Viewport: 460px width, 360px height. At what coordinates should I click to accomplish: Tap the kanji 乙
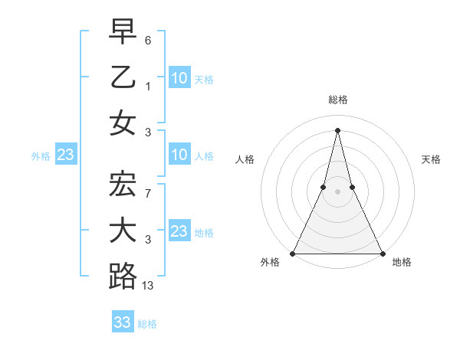123,77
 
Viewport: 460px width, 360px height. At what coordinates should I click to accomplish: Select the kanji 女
123,123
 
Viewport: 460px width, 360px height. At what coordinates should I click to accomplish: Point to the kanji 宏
123,185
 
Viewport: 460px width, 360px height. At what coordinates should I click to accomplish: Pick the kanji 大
123,231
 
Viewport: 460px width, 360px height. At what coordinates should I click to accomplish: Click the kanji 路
123,277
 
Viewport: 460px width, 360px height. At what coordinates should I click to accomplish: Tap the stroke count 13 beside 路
149,286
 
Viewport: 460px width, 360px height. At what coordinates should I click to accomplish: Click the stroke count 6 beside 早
148,39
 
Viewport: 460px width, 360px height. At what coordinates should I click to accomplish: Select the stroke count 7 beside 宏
148,194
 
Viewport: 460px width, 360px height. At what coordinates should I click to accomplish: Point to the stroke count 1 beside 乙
148,86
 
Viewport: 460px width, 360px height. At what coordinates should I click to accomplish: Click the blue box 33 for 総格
123,322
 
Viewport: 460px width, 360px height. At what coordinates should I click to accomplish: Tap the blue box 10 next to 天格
179,77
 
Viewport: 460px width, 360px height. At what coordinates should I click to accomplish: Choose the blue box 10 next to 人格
179,155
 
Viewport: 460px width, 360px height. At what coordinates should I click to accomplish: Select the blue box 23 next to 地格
179,231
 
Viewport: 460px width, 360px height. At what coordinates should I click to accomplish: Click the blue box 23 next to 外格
65,155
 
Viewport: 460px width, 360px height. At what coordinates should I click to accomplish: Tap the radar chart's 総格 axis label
337,100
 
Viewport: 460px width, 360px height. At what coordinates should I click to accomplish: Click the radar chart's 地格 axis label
402,263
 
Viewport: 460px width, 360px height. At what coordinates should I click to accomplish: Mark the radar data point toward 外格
293,254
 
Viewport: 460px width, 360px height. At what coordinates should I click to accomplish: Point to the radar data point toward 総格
337,129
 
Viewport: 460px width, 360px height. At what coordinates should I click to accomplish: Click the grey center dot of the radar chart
337,191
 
